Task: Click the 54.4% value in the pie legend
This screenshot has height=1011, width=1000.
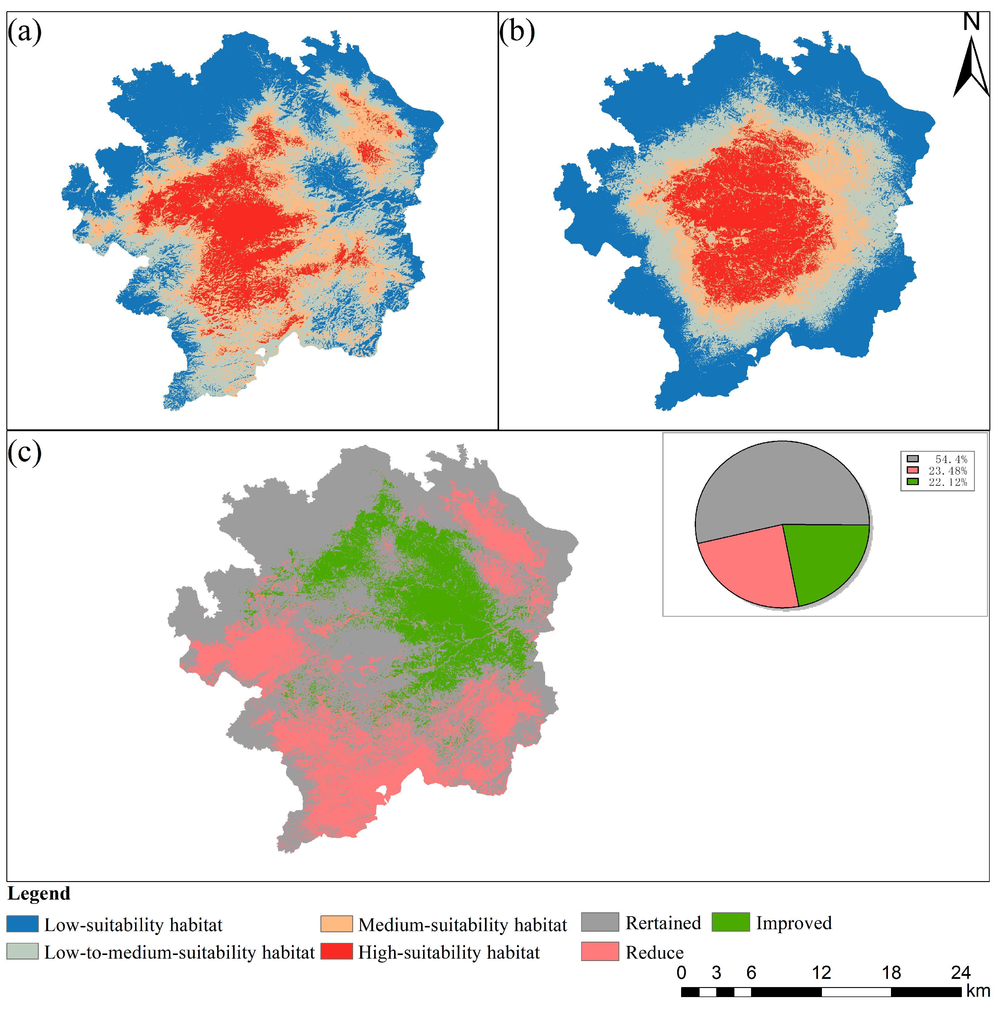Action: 951,459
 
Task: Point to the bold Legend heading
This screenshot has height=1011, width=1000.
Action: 39,893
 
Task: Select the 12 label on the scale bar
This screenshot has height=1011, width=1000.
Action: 821,972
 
